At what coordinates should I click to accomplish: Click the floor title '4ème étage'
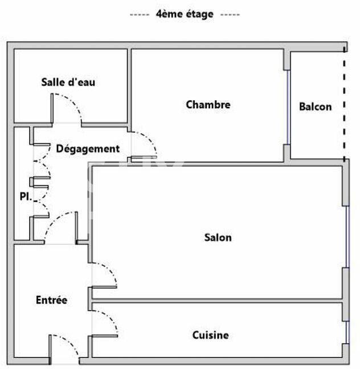pos(184,14)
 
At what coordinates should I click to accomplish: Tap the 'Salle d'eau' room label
pos(68,82)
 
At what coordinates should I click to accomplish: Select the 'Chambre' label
pos(208,105)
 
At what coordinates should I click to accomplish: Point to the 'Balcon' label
pos(315,106)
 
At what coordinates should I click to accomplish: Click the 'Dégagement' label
pos(88,149)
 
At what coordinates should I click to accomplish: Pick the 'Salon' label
pos(218,237)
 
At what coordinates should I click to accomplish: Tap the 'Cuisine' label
pos(210,335)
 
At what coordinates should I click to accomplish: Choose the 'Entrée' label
pos(51,300)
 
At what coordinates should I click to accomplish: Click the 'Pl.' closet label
pos(24,198)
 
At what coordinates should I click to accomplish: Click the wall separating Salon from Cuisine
pos(216,300)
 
